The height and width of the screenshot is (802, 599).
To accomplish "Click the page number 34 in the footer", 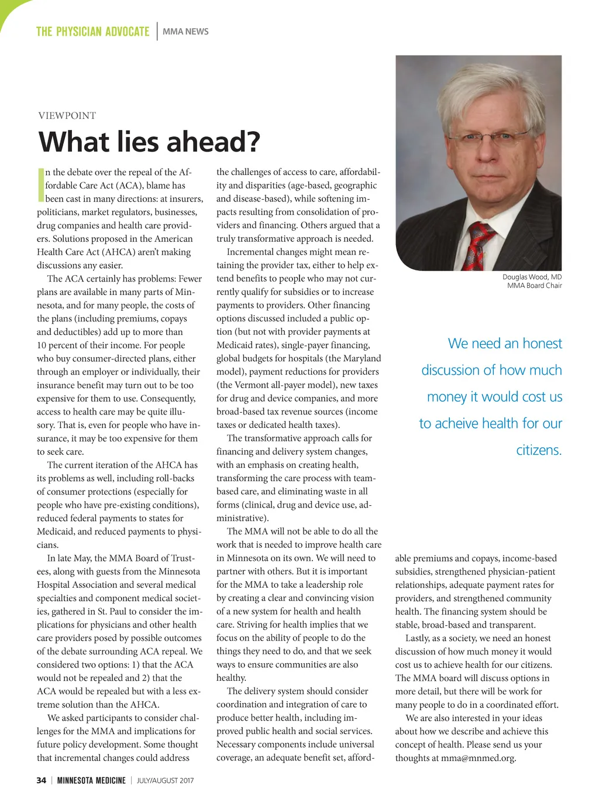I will [41, 780].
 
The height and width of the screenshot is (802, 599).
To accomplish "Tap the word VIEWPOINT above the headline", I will [67, 115].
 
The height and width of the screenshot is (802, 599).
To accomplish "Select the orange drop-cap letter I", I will [40, 185].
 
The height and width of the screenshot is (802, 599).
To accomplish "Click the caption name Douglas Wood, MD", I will [532, 277].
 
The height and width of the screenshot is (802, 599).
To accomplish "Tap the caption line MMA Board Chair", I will [534, 286].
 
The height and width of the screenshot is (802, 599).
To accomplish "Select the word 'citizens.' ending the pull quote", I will [539, 450].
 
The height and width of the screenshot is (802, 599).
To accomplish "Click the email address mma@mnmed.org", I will [478, 758].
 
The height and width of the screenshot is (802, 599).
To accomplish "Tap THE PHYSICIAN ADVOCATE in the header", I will [92, 32].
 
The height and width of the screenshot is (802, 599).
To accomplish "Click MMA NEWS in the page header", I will [185, 32].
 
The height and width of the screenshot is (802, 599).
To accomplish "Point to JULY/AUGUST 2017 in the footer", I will [165, 780].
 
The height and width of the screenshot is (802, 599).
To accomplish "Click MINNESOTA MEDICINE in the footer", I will [91, 780].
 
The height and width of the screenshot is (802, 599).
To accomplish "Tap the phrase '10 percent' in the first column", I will [58, 345].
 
